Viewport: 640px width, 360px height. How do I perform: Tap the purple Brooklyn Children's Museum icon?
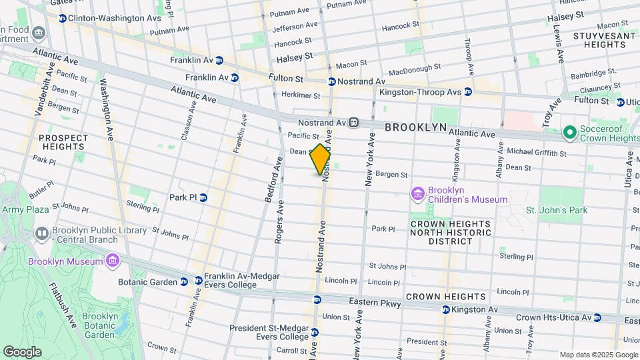(x=418, y=194)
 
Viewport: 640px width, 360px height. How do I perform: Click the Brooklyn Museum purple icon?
(x=112, y=261)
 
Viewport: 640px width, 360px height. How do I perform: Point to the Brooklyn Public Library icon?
(x=42, y=233)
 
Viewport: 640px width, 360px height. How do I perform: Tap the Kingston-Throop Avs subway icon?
(x=468, y=92)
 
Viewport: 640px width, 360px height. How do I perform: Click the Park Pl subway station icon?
(x=203, y=197)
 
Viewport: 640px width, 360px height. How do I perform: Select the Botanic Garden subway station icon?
(x=184, y=281)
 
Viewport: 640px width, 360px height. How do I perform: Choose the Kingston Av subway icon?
(x=445, y=309)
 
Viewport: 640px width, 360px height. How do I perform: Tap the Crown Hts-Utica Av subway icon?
(x=597, y=318)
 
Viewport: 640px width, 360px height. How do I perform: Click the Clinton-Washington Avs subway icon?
(x=62, y=18)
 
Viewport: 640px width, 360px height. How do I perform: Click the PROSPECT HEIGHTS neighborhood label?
(x=63, y=143)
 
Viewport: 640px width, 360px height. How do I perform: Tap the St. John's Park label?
(x=557, y=211)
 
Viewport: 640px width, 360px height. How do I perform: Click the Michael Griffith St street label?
(x=537, y=153)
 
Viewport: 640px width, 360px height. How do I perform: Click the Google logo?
(x=22, y=351)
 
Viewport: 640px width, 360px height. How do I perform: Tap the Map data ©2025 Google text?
(x=598, y=355)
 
